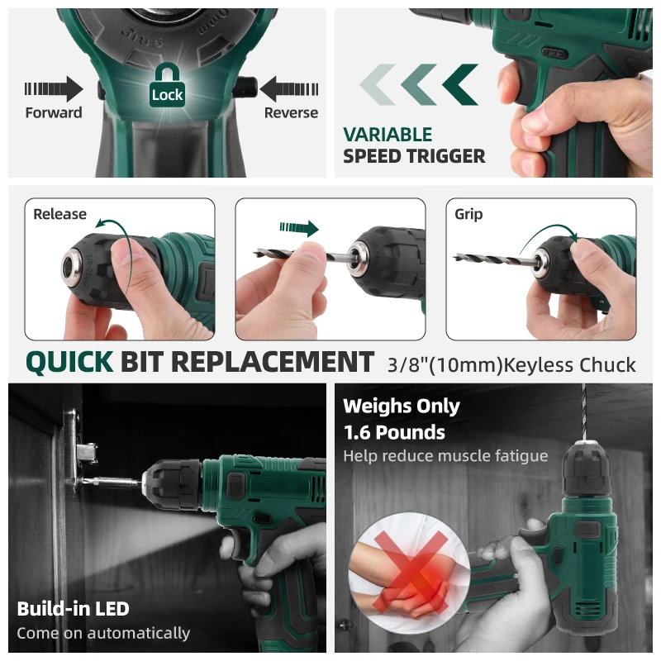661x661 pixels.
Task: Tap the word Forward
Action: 54,112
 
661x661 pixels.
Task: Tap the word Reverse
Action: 291,112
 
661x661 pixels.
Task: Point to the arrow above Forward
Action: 54,89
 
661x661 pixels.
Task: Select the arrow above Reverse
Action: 289,89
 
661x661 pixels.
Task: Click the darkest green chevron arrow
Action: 460,84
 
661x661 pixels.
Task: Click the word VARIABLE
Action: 388,135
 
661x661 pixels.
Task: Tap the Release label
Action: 59,214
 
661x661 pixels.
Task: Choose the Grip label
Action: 468,215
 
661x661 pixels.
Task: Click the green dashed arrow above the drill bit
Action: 299,228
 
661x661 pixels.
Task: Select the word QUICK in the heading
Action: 69,362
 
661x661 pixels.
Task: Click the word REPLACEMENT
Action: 273,362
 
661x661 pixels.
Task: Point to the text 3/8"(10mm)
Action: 445,365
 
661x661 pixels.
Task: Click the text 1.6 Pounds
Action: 394,432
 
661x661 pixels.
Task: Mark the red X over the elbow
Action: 410,572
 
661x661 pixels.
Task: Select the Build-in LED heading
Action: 73,609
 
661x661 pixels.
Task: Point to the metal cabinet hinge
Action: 82,451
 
